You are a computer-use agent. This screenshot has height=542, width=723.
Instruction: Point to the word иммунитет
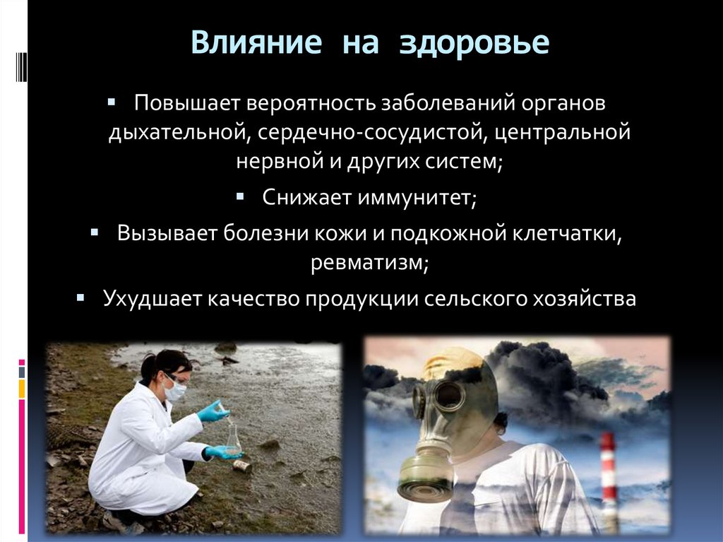tap(417, 198)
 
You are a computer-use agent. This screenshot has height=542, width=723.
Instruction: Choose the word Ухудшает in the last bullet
tap(152, 299)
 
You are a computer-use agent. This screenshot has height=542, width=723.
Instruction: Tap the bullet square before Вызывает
tap(94, 230)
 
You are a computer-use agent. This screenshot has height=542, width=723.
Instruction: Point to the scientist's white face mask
tap(176, 389)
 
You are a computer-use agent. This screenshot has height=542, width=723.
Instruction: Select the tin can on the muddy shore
tap(242, 466)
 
